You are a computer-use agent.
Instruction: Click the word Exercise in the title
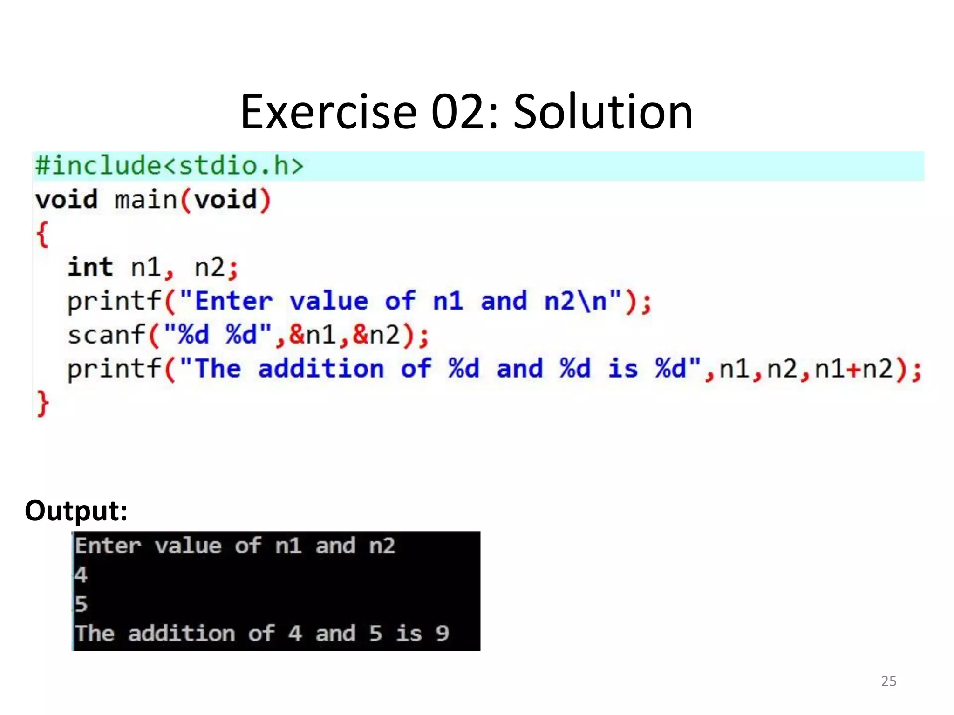pos(328,112)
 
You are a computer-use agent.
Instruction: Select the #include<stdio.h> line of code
pos(169,166)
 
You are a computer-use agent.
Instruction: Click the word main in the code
pos(146,200)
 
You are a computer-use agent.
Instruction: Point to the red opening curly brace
pos(42,234)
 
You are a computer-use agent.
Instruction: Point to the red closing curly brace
pos(42,403)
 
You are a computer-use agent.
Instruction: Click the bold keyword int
pos(90,267)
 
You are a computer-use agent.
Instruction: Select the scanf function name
pos(106,335)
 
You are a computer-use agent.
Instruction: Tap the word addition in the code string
pos(321,369)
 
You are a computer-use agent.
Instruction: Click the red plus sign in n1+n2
pos(854,369)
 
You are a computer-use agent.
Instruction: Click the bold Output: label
pos(76,511)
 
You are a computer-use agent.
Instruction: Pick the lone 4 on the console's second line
pos(81,575)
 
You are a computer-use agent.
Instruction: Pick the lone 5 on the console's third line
pos(81,604)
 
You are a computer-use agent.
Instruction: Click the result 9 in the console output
pos(442,634)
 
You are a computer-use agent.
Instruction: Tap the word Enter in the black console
pos(108,546)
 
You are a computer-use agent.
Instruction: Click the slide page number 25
pos(888,681)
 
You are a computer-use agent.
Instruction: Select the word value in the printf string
pos(329,301)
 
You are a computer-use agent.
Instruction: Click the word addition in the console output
pos(182,634)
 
